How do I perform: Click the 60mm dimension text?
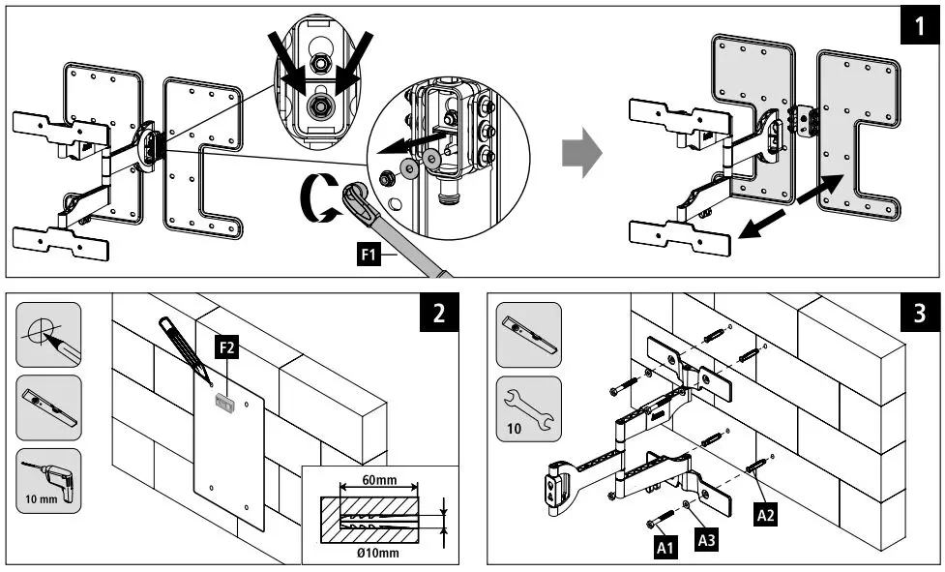[378, 478]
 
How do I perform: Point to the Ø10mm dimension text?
[378, 553]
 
